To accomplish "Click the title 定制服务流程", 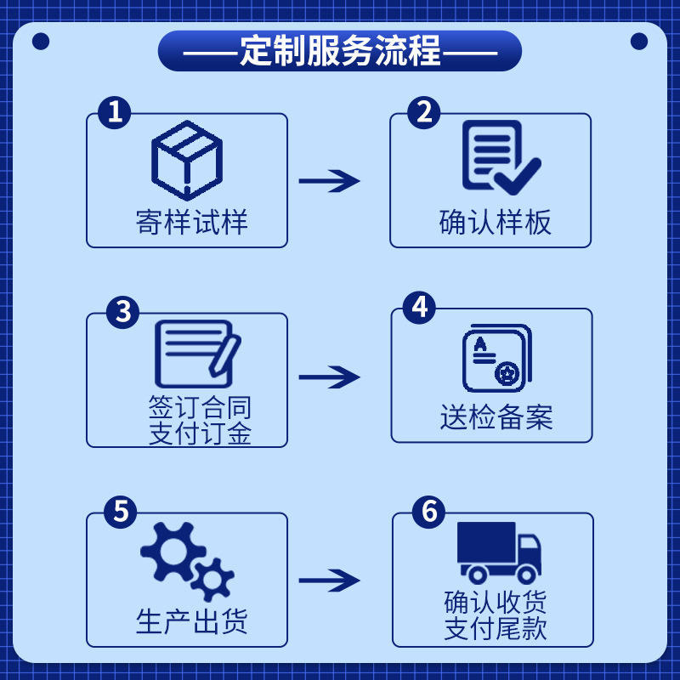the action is [x=340, y=51].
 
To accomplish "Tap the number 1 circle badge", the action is [x=115, y=112].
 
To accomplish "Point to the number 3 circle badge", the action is [x=123, y=312].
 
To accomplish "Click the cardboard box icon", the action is [x=187, y=161].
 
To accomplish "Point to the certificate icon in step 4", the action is [x=496, y=357].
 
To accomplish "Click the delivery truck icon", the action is [x=498, y=552].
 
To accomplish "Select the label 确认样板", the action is [x=496, y=222].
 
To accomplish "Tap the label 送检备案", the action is [x=496, y=416].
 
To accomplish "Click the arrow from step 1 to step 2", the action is [x=329, y=181].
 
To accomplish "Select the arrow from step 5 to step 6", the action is [x=329, y=581].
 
